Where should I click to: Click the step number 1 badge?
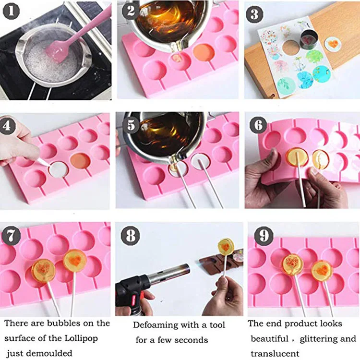point(11,12)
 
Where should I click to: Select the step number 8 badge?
point(131,236)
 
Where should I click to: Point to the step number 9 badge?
point(264,236)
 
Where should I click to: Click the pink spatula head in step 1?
point(54,52)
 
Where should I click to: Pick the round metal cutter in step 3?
point(309,39)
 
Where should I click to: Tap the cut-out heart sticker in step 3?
point(333,44)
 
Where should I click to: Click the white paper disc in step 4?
point(59,169)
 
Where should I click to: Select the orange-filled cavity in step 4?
point(80,161)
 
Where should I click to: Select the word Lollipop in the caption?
point(81,339)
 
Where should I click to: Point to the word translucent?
point(275,354)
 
